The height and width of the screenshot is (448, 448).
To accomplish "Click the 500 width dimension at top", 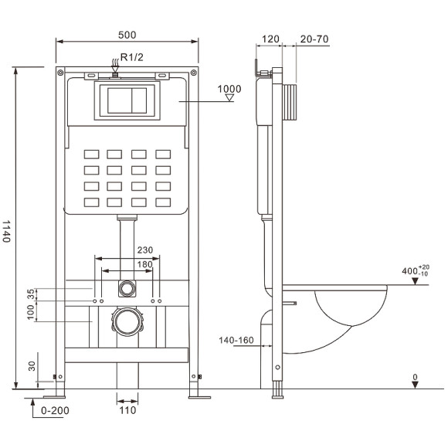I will click(127, 35).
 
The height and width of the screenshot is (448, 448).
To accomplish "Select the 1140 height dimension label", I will click(8, 231).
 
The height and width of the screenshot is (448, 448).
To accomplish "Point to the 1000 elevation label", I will click(229, 89).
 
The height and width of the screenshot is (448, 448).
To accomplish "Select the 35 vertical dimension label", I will click(31, 294).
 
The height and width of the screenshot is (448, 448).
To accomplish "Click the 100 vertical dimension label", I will click(31, 312).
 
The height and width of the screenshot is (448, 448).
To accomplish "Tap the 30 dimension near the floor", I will click(31, 366).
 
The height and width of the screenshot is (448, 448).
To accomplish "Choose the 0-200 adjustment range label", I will click(55, 410).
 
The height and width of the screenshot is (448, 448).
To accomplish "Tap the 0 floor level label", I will click(415, 378).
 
